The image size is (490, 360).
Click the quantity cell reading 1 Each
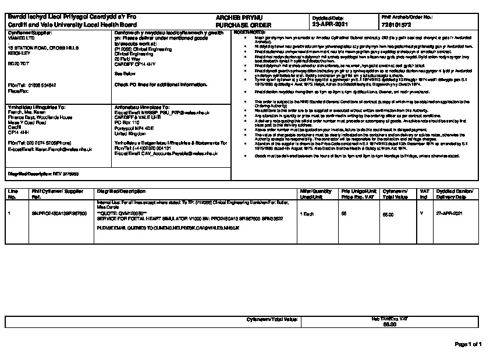tap(308, 214)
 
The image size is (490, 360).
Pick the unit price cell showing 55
tap(343, 214)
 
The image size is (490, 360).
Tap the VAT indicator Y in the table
tap(421, 214)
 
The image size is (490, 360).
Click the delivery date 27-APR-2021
tap(449, 214)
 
